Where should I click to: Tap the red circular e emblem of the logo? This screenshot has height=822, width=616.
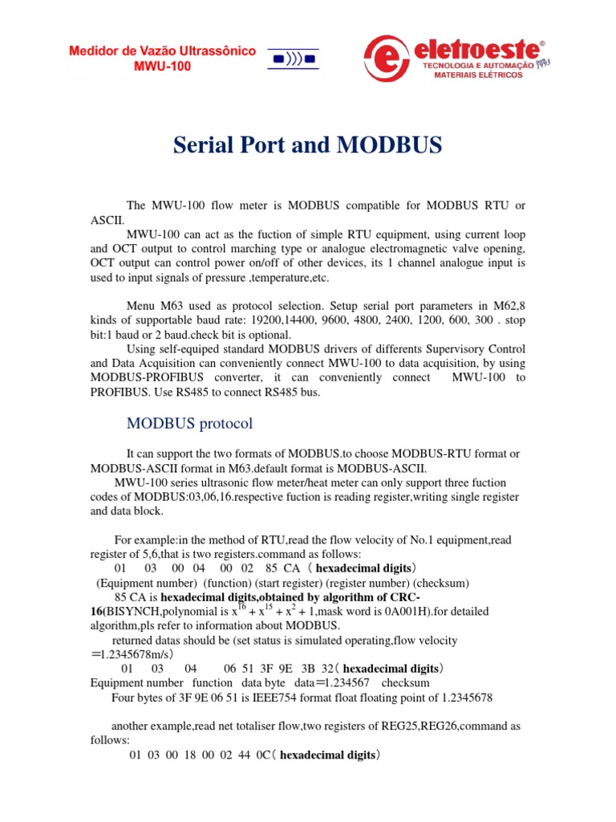click(388, 59)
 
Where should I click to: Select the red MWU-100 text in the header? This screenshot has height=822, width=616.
click(162, 66)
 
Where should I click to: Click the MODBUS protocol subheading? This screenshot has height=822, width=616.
click(190, 423)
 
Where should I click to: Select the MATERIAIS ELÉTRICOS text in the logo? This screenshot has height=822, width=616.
click(478, 75)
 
